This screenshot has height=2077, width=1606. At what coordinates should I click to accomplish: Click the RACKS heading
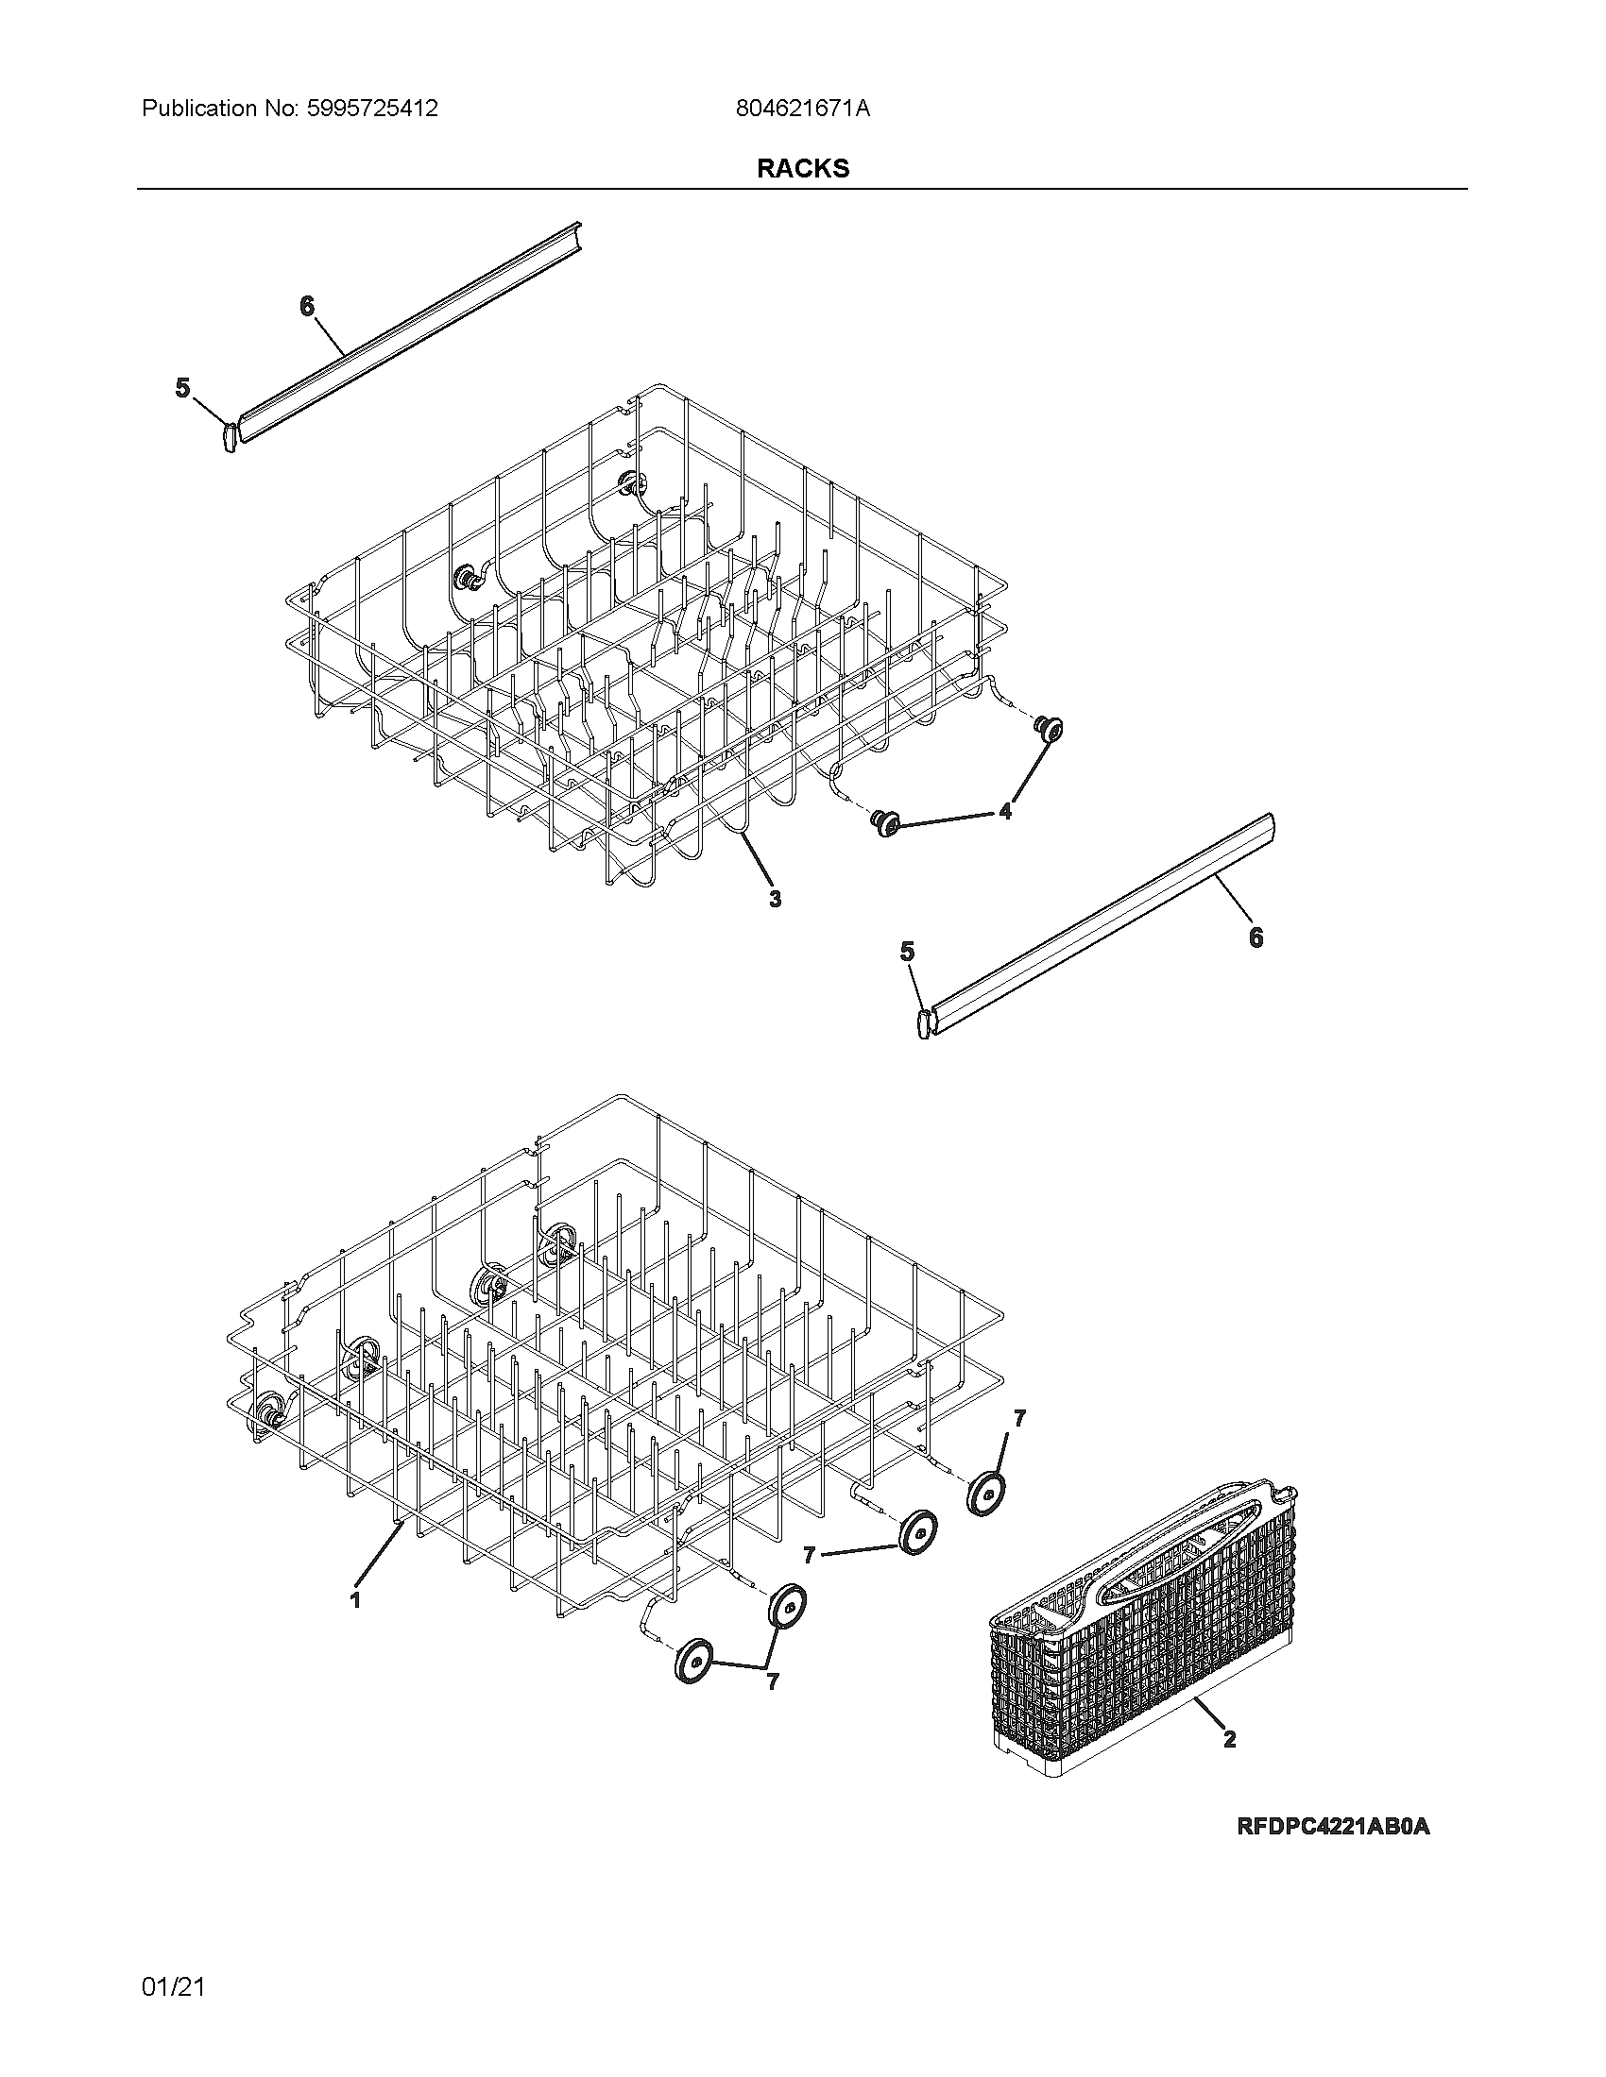(802, 168)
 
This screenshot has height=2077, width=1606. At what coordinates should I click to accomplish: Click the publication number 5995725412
(373, 109)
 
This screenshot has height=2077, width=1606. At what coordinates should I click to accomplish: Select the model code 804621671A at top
(802, 109)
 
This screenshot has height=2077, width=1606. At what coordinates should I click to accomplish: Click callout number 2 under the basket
(1229, 1739)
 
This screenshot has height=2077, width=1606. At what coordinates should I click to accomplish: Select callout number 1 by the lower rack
(355, 1599)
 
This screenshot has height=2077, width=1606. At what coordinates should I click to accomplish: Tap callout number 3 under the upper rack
(775, 898)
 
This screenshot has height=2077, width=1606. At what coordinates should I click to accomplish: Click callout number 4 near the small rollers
(1005, 810)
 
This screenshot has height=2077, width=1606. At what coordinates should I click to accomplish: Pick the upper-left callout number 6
(306, 306)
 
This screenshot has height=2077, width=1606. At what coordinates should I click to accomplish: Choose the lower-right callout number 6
(1256, 937)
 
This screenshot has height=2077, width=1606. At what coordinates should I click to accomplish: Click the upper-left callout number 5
(182, 388)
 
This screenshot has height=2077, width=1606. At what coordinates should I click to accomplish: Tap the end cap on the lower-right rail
(922, 1024)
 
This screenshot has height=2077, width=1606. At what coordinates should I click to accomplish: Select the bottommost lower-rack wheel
(693, 1661)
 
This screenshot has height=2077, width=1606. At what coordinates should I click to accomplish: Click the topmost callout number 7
(1019, 1419)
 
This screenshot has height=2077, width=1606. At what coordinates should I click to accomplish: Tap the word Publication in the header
(198, 109)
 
